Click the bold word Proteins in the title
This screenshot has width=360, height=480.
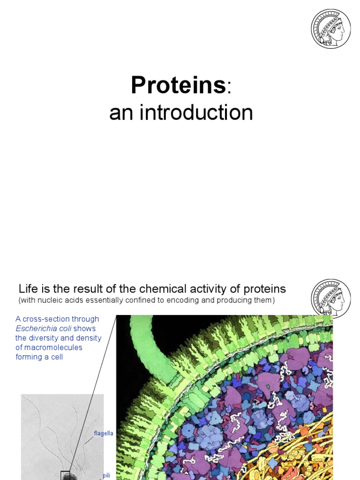pyautogui.click(x=178, y=86)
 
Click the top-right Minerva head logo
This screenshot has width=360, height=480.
pyautogui.click(x=330, y=29)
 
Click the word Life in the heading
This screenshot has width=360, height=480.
pyautogui.click(x=27, y=289)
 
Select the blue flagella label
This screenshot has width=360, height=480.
pyautogui.click(x=104, y=434)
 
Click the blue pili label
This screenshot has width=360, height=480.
pyautogui.click(x=106, y=475)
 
